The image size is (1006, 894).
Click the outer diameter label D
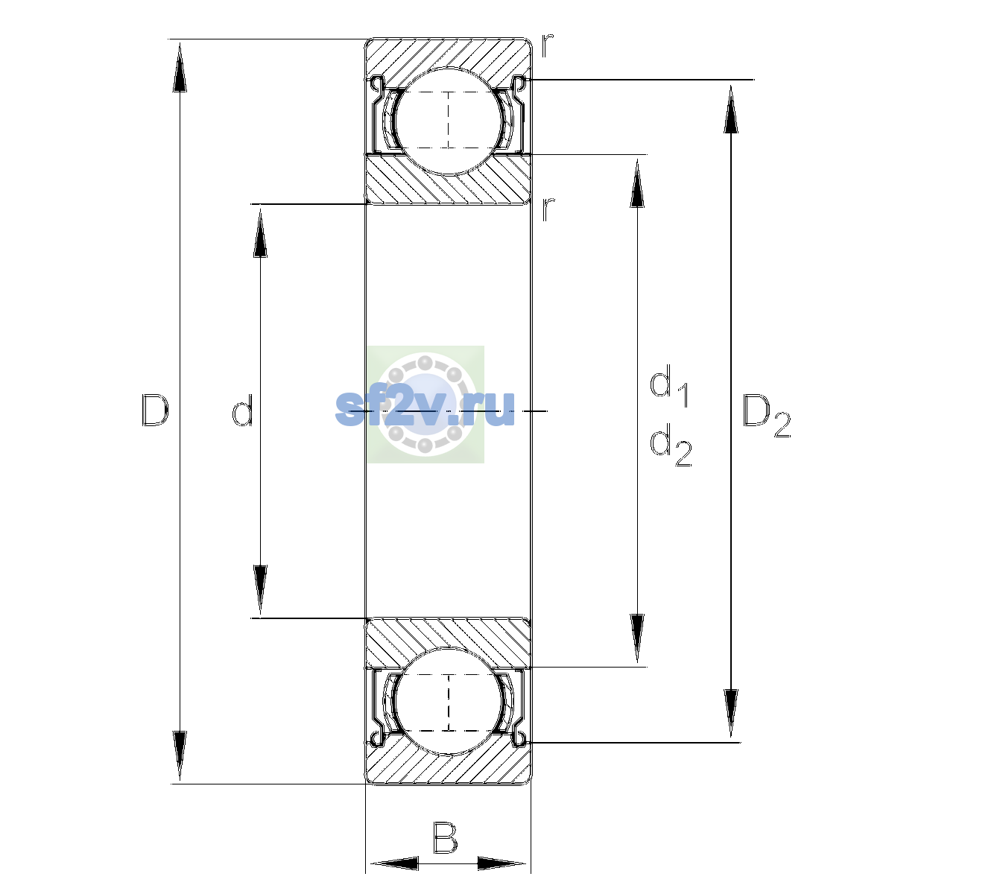155,410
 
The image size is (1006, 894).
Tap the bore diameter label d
243,410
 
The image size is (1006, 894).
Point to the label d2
671,444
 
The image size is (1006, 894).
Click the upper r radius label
547,45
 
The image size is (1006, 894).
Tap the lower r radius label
548,209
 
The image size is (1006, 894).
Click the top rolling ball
449,121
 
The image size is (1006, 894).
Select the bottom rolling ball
449,702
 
